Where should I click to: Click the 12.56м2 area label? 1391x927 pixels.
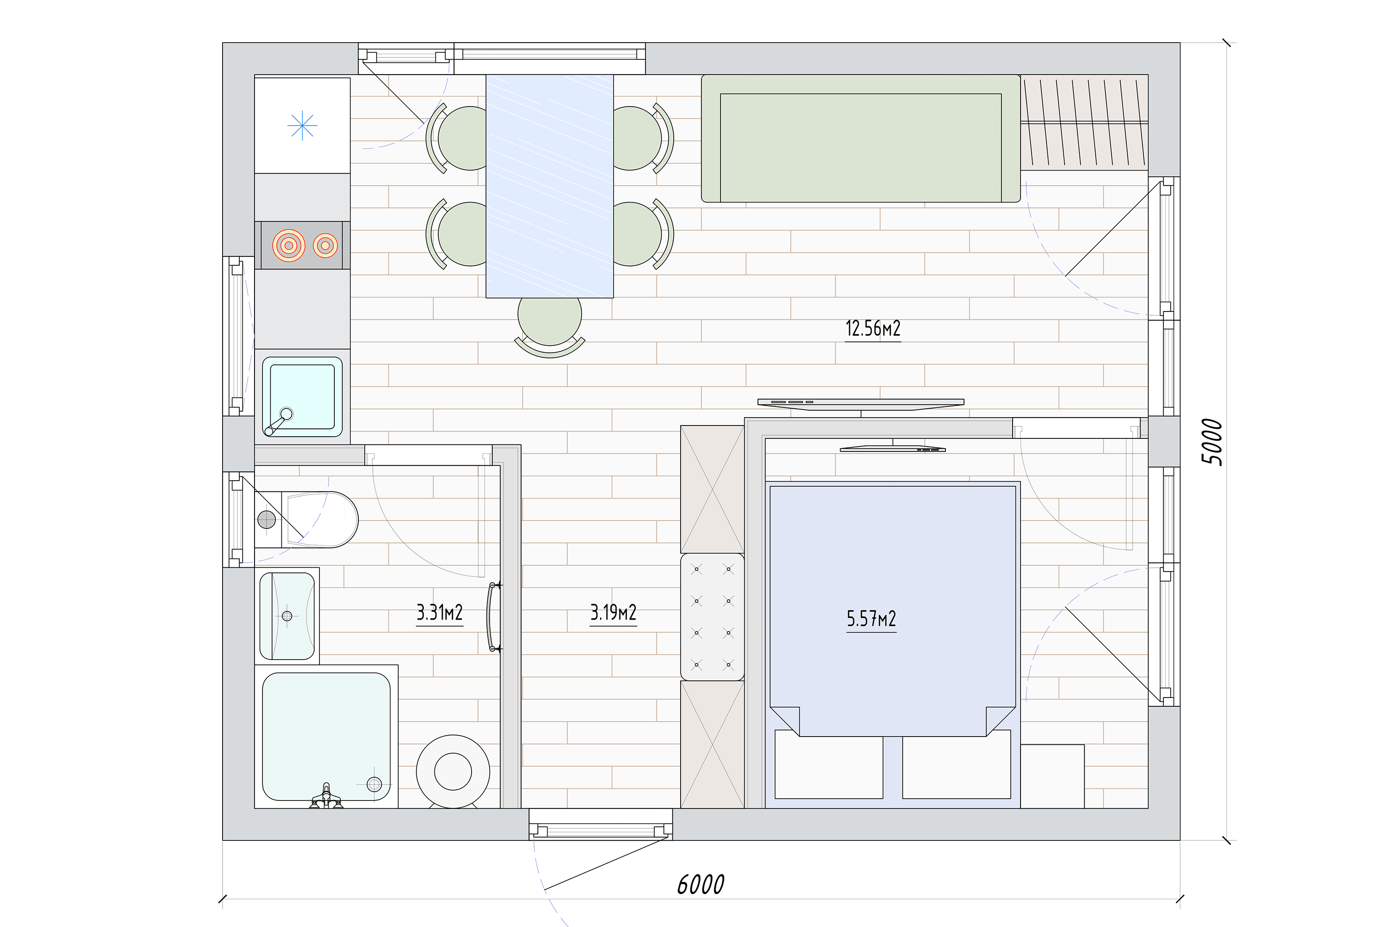873,329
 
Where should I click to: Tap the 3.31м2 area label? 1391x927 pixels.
440,612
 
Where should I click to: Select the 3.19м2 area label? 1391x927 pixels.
613,612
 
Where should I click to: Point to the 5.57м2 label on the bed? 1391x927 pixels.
871,619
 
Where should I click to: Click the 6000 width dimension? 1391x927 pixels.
701,885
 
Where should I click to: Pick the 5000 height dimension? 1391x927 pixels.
1212,442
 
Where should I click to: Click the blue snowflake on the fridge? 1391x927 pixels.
302,125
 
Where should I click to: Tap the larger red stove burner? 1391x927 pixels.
288,245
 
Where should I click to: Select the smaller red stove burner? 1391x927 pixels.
325,245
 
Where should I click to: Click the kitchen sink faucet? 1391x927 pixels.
278,421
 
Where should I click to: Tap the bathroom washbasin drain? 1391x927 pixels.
287,616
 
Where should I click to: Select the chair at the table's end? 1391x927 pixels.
550,326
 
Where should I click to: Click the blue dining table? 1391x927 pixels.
550,186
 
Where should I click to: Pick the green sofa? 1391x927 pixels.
861,138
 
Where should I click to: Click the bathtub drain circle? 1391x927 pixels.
374,785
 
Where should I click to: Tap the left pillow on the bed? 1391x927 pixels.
829,764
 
